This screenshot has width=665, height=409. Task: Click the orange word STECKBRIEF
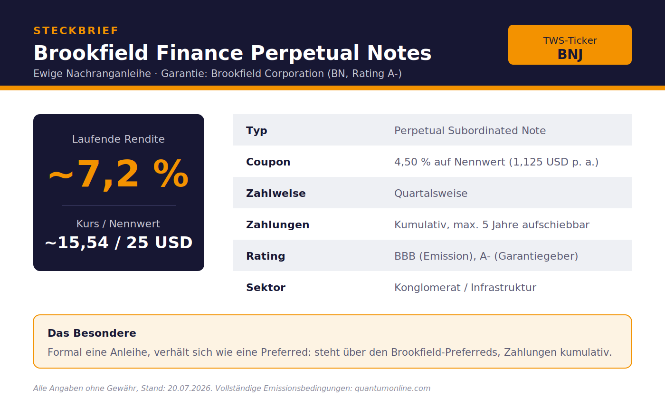point(76,30)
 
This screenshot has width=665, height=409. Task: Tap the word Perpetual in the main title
point(305,53)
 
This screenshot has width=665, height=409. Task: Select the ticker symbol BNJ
point(570,54)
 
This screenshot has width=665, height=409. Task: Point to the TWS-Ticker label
point(570,40)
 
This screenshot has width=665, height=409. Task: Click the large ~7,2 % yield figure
point(118,174)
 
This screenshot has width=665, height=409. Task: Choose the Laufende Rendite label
point(118,139)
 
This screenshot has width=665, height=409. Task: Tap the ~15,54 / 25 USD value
point(118,243)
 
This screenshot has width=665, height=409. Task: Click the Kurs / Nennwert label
point(118,224)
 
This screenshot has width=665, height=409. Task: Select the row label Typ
point(256,131)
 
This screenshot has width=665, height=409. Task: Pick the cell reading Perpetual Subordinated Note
point(470,131)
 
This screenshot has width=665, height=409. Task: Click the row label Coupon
point(268,162)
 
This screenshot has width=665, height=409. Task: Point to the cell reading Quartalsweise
point(431,194)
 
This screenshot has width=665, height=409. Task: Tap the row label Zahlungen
point(277,224)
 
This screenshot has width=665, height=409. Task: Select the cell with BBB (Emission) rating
point(486,256)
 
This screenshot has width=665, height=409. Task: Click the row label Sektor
point(266,287)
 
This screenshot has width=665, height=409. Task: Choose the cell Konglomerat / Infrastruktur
point(465,287)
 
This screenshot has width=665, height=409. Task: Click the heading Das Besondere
point(92,333)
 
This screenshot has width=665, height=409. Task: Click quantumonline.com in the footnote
point(392,389)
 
